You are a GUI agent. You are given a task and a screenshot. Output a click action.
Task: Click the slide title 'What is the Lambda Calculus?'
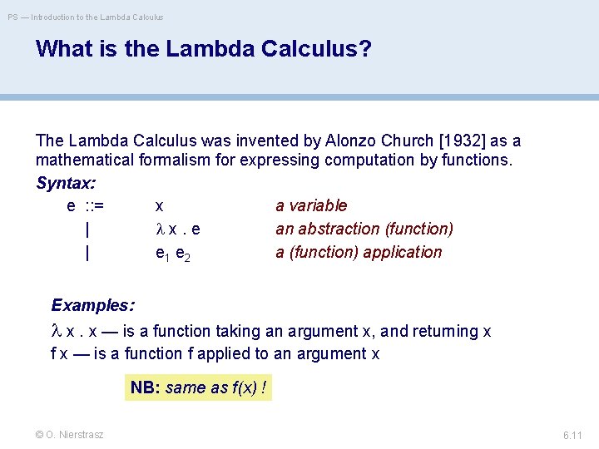point(203,49)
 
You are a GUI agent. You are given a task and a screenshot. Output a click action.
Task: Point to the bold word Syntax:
point(66,182)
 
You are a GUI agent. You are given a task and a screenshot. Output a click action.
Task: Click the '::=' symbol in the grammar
point(101,205)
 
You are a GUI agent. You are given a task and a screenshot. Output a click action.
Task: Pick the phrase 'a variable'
point(311,205)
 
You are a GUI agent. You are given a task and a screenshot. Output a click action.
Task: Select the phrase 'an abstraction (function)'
point(364,229)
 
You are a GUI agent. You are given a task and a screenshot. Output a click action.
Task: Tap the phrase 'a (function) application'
point(359,252)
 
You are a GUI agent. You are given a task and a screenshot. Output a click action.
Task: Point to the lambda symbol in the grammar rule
point(161,229)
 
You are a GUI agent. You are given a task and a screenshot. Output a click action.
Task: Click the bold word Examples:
point(92,305)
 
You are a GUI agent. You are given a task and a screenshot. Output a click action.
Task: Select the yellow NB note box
point(198,387)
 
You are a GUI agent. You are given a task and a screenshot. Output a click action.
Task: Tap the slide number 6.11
point(572,435)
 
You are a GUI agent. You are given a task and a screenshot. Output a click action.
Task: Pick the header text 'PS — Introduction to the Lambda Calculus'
point(86,17)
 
